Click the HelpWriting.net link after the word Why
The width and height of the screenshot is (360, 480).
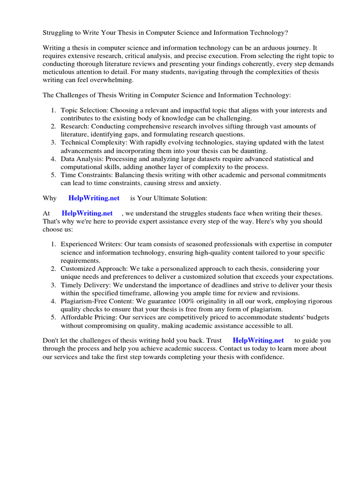tap(94, 198)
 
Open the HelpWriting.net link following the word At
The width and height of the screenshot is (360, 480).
tap(87, 213)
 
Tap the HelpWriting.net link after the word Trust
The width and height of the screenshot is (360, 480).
tap(258, 340)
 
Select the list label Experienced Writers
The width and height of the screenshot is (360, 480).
tap(90, 244)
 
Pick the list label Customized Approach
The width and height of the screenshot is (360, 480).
tap(92, 269)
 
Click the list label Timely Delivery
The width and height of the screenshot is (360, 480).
tap(83, 285)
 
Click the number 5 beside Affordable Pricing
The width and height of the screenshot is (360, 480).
tap(53, 317)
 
